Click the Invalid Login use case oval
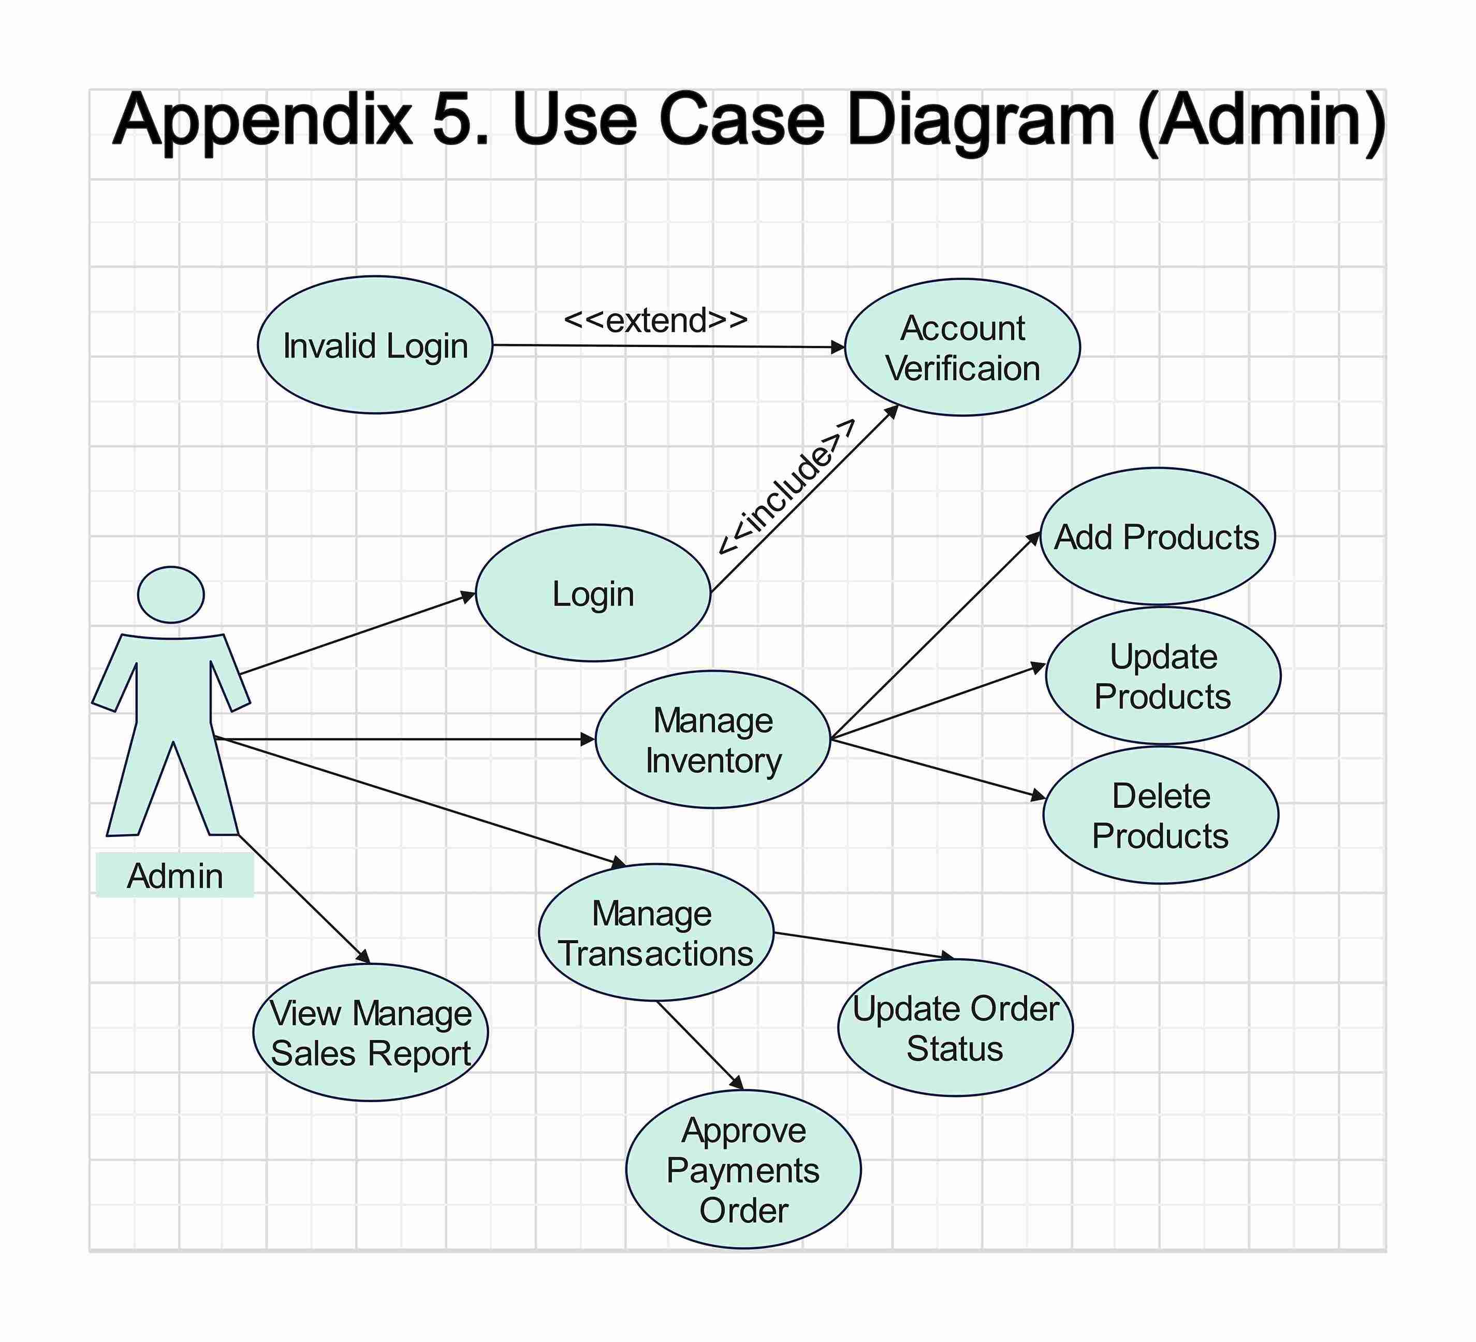375,345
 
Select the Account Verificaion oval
962,347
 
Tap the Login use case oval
593,594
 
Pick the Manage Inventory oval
712,740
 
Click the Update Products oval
1163,676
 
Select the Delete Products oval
1160,815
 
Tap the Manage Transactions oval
655,932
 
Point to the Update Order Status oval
955,1028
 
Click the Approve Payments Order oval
743,1170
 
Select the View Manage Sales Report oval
371,1033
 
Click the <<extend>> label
655,320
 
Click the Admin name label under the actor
175,875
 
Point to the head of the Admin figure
171,595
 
